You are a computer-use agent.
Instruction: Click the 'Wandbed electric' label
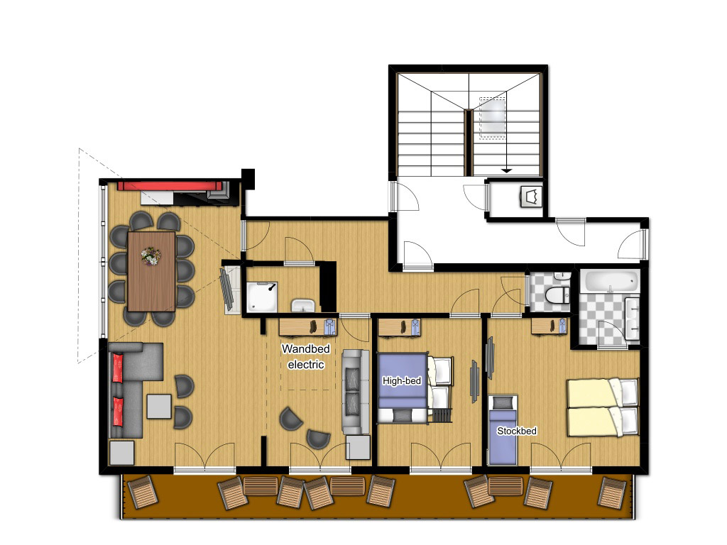(306, 356)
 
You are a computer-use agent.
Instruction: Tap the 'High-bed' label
(402, 381)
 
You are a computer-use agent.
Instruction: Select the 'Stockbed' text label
(517, 431)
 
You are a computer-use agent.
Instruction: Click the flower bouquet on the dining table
(151, 255)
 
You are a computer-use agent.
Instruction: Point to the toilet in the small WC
(557, 294)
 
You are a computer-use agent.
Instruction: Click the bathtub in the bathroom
(610, 282)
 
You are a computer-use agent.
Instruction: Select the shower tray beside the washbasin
(261, 297)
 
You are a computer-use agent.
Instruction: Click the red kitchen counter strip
(170, 185)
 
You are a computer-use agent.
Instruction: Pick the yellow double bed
(603, 407)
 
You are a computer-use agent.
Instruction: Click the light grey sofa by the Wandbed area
(356, 392)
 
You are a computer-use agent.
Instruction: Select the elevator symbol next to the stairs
(531, 197)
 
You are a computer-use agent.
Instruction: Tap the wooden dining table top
(151, 272)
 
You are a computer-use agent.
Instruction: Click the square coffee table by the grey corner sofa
(159, 407)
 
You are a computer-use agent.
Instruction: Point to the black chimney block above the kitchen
(248, 179)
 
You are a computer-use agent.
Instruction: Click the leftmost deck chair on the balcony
(143, 492)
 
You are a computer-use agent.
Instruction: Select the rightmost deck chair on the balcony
(612, 492)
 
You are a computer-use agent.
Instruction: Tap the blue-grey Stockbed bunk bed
(503, 430)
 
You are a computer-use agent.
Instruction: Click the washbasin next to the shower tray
(303, 305)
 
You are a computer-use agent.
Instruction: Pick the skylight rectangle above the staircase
(492, 118)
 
